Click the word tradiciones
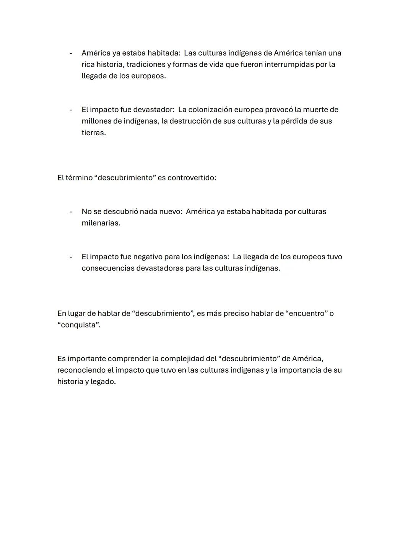[x=146, y=64]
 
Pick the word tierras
[x=93, y=133]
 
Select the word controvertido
[x=192, y=178]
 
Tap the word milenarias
[x=101, y=223]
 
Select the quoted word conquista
[x=78, y=325]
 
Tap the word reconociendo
[x=81, y=370]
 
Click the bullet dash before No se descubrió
[x=71, y=211]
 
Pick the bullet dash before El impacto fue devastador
[x=71, y=110]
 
